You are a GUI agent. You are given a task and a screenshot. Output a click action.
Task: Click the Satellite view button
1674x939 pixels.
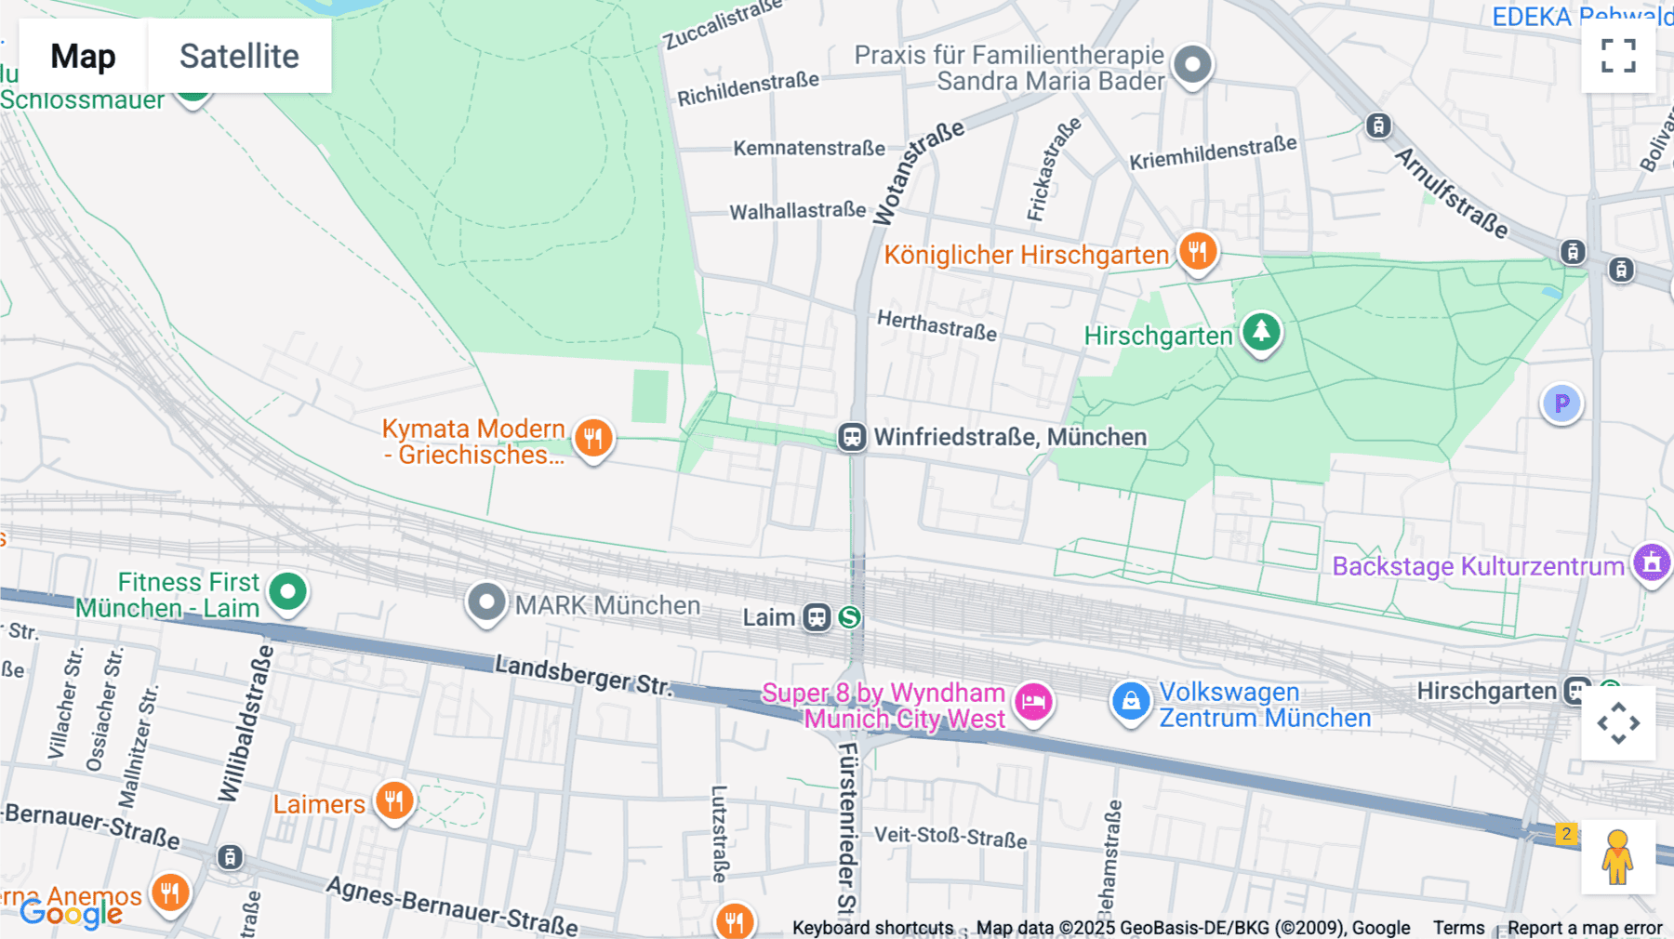pyautogui.click(x=239, y=57)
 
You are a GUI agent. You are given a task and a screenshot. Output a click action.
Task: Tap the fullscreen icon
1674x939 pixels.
pyautogui.click(x=1618, y=56)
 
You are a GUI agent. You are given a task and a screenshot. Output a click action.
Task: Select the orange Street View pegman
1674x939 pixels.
pyautogui.click(x=1617, y=857)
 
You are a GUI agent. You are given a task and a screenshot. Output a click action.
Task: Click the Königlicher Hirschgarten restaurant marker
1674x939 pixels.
pyautogui.click(x=1198, y=251)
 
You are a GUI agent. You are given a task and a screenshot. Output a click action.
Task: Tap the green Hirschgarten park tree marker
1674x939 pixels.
pyautogui.click(x=1261, y=332)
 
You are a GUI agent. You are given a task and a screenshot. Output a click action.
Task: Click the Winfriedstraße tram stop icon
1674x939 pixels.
pyautogui.click(x=851, y=437)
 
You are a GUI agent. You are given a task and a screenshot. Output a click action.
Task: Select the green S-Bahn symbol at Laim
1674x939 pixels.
pyautogui.click(x=849, y=617)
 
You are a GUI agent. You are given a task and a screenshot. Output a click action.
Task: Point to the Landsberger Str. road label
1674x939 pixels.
pyautogui.click(x=582, y=675)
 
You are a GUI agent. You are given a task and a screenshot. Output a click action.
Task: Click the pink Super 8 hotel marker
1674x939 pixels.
pyautogui.click(x=1033, y=702)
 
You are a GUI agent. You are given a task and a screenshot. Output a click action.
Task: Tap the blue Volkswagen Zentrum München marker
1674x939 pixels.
pyautogui.click(x=1131, y=702)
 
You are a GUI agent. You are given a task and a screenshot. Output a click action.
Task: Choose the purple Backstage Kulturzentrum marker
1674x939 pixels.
pyautogui.click(x=1652, y=562)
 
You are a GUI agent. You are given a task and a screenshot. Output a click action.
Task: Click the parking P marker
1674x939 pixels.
pyautogui.click(x=1561, y=403)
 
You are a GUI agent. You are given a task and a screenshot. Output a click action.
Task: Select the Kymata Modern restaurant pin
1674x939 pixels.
pyautogui.click(x=592, y=437)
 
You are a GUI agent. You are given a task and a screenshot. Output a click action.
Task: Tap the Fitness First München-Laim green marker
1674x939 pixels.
pyautogui.click(x=287, y=592)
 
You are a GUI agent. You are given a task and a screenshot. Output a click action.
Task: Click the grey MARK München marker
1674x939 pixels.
pyautogui.click(x=486, y=602)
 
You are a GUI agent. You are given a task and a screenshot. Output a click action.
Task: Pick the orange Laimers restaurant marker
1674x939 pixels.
pyautogui.click(x=394, y=800)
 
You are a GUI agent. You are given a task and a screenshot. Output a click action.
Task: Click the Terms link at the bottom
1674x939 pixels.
pyautogui.click(x=1458, y=928)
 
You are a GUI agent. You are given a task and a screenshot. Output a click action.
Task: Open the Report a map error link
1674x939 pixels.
pyautogui.click(x=1585, y=928)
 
